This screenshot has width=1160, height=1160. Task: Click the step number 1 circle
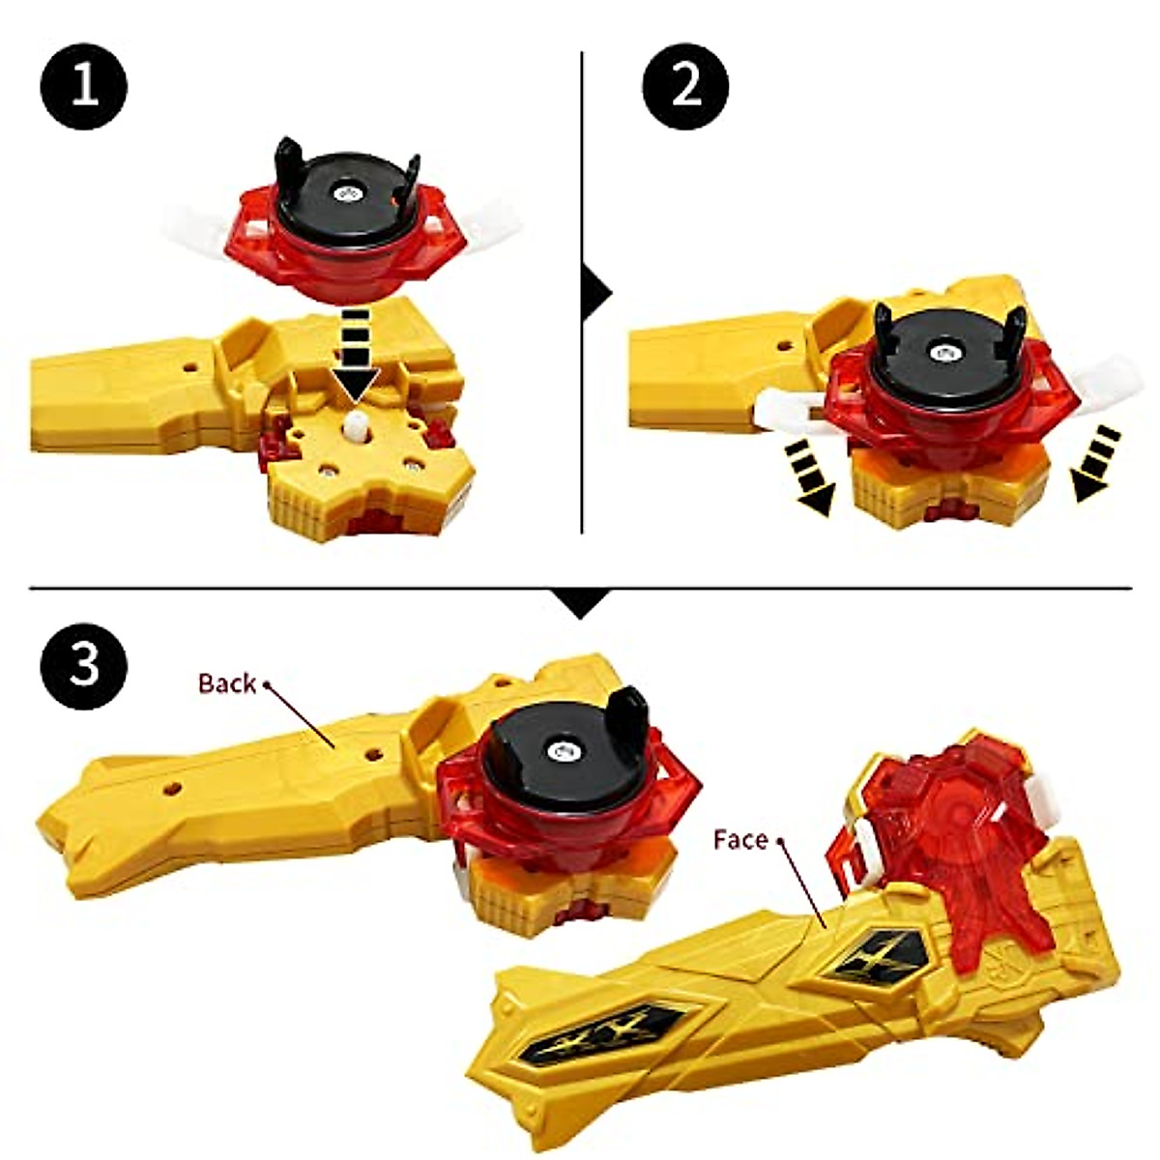pyautogui.click(x=84, y=86)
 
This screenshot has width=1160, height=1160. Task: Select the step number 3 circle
pyautogui.click(x=84, y=666)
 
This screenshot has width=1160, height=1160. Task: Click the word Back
pyautogui.click(x=226, y=683)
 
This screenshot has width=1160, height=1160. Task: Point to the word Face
pyautogui.click(x=739, y=840)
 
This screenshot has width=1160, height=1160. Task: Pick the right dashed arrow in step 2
pyautogui.click(x=1097, y=464)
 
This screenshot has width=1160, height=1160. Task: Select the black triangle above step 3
pyautogui.click(x=580, y=603)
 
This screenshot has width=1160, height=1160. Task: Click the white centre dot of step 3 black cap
pyautogui.click(x=559, y=749)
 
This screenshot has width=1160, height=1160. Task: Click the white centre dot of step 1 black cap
pyautogui.click(x=345, y=193)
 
